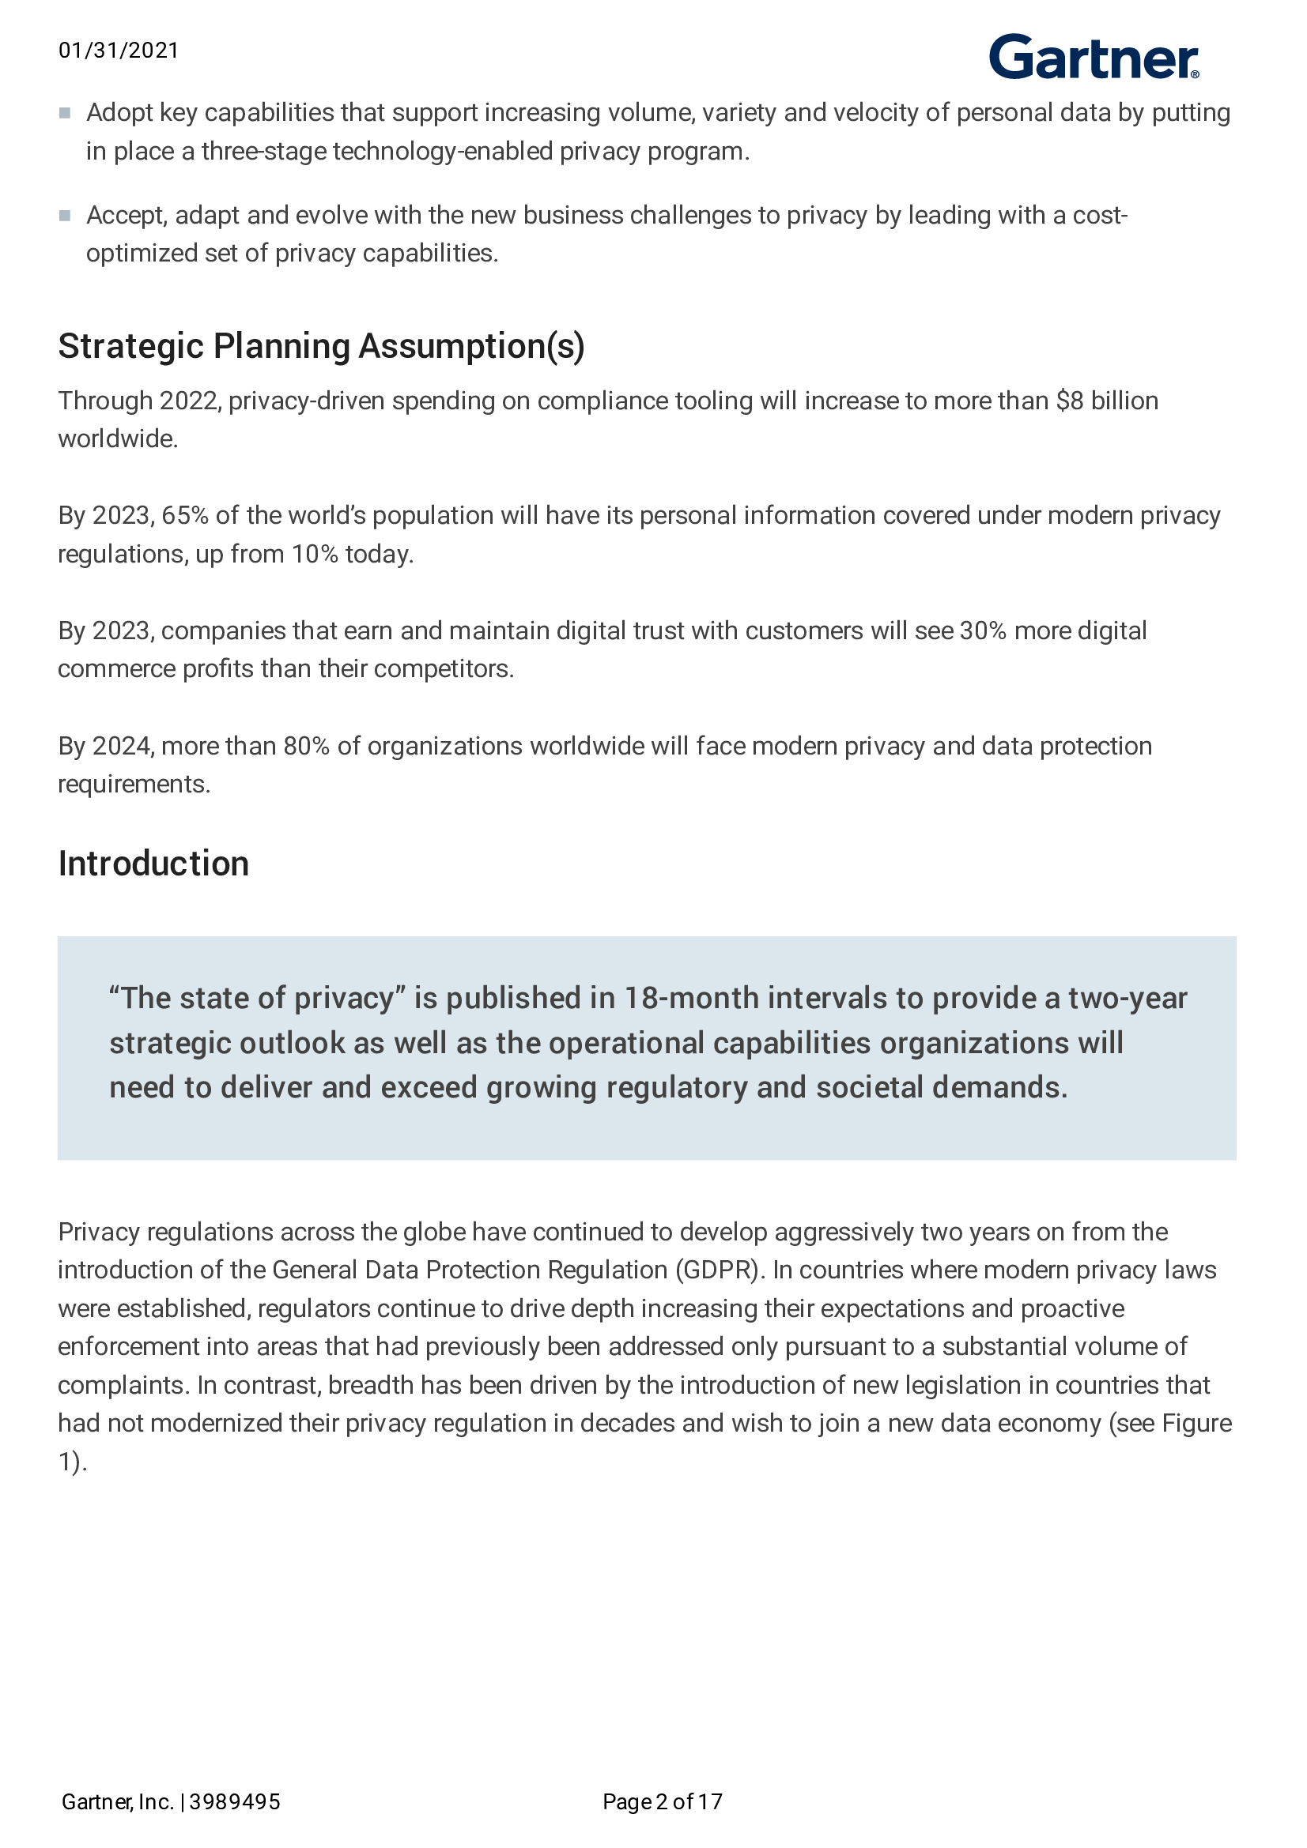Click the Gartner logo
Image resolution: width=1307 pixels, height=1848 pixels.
click(1093, 57)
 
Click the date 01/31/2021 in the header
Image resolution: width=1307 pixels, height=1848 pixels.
click(119, 51)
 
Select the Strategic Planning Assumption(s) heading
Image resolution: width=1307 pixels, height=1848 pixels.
click(321, 346)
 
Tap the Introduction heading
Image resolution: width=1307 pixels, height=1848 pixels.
click(153, 864)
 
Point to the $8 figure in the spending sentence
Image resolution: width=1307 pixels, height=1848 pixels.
click(1070, 401)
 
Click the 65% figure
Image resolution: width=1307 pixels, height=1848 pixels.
click(184, 515)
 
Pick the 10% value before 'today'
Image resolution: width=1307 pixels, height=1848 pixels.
click(314, 554)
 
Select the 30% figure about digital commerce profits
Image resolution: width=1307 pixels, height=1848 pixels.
click(983, 630)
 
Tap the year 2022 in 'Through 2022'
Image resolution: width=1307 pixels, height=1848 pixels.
click(190, 401)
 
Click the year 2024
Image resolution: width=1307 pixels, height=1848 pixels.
click(123, 746)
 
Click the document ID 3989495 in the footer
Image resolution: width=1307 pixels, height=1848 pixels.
click(235, 1801)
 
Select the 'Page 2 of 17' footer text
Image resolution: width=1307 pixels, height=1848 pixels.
click(662, 1801)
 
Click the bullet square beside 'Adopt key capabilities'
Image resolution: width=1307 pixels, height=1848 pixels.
click(65, 114)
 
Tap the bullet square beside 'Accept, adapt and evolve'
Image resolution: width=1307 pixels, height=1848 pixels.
click(65, 216)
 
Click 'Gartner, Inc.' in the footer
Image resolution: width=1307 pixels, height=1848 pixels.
click(118, 1801)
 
